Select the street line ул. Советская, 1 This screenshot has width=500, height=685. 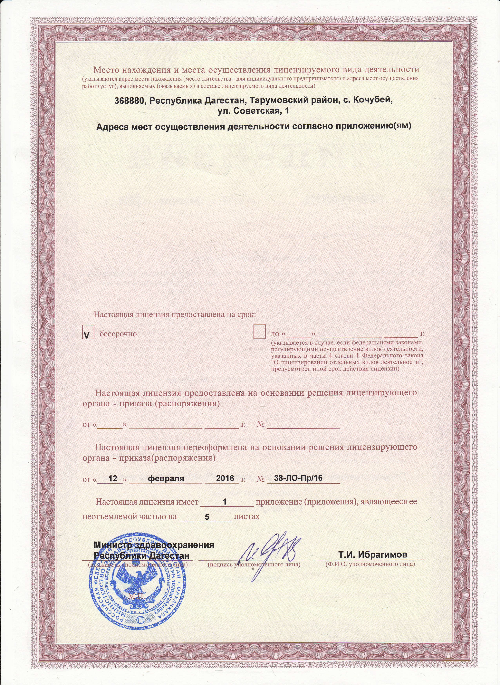pyautogui.click(x=253, y=111)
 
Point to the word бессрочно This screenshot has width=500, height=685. pyautogui.click(x=118, y=334)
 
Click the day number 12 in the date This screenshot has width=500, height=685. pyautogui.click(x=113, y=478)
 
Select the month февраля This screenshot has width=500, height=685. pyautogui.click(x=166, y=478)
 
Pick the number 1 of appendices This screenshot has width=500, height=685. pyautogui.click(x=224, y=502)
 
